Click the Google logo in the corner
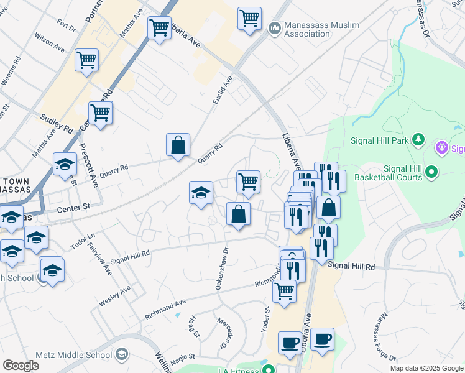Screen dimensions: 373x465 [x=21, y=366]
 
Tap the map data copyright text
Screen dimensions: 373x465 [x=426, y=368]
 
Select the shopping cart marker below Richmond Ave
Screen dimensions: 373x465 [x=284, y=290]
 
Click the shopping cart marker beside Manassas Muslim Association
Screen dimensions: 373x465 [x=249, y=19]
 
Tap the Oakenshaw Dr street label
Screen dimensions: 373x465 [x=222, y=269]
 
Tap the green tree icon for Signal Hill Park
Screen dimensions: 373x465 [x=419, y=139]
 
